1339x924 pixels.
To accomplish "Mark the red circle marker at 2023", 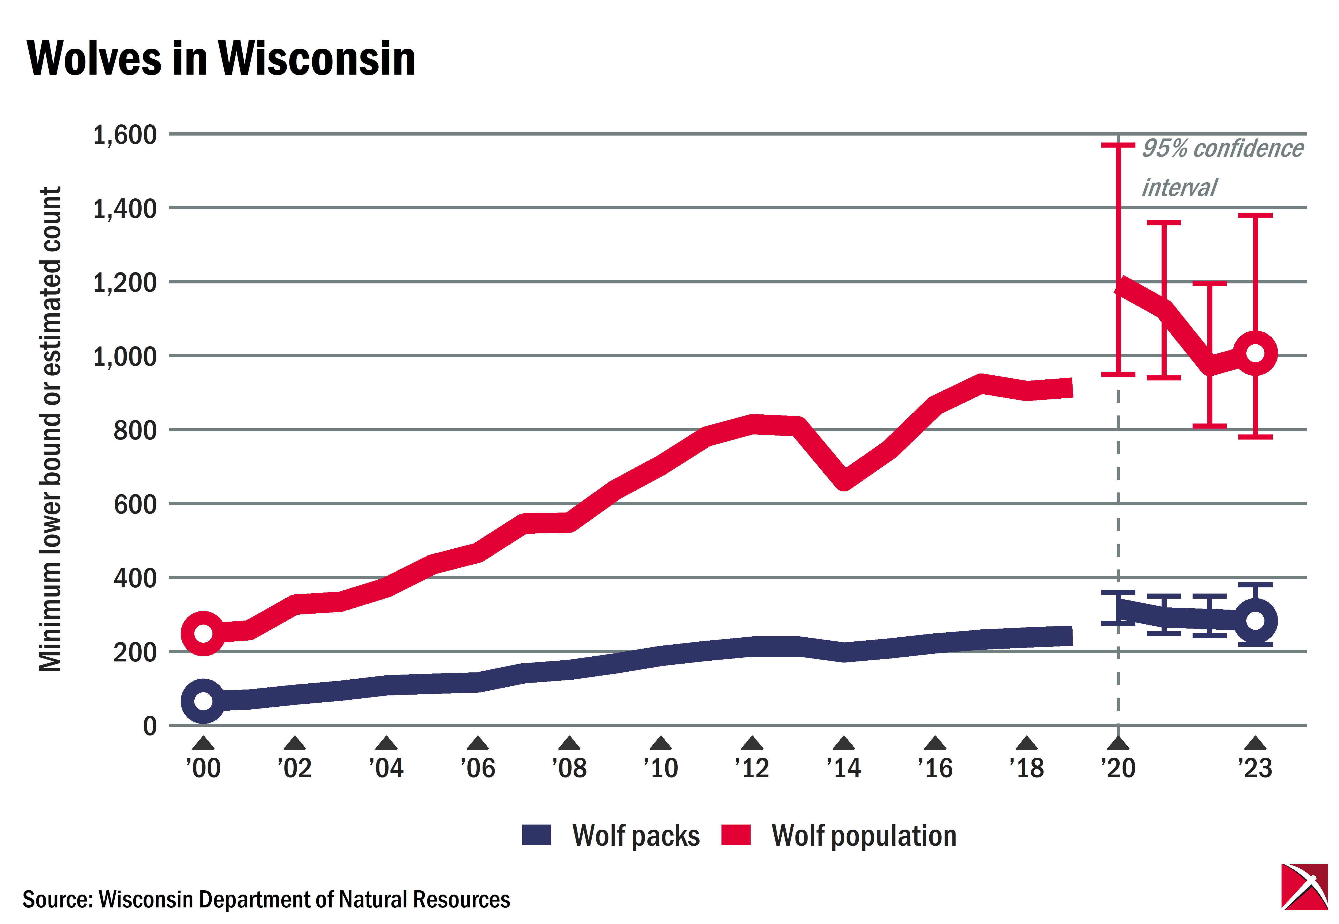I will coord(1255,353).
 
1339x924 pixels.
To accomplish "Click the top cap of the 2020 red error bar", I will coord(1118,145).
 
